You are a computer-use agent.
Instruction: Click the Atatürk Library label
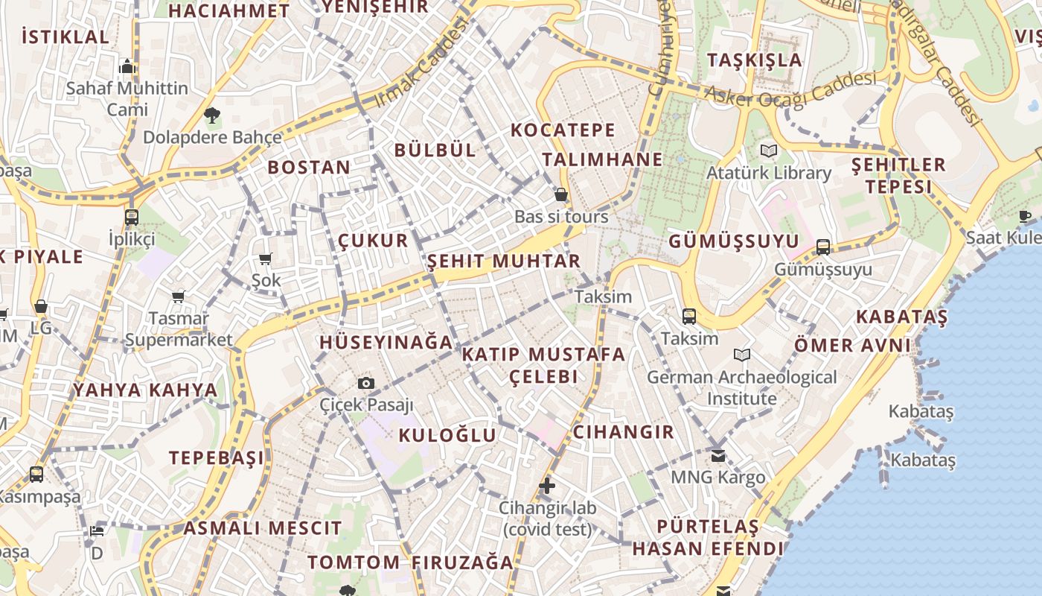pos(769,173)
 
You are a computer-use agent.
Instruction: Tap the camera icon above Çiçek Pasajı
pos(366,383)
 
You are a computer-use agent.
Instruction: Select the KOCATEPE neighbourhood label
pos(563,130)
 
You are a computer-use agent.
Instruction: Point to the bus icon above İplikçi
pos(132,218)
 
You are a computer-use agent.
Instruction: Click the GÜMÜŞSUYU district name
pos(734,241)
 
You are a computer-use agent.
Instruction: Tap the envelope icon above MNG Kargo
pos(718,455)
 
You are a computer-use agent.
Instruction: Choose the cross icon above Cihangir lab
pos(547,486)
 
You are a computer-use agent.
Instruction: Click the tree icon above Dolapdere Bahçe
pos(212,115)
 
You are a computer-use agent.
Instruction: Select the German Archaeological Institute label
pos(742,387)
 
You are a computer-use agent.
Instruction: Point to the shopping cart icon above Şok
pos(266,259)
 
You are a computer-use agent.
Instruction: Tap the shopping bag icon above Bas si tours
pos(561,195)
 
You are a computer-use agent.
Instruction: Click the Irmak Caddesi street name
pos(423,63)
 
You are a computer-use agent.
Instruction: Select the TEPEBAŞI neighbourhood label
pos(217,457)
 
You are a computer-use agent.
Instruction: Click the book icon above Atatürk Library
pos(769,151)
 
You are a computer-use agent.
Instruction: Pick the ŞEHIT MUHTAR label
pos(504,261)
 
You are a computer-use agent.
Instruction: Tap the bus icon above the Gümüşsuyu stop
pos(823,247)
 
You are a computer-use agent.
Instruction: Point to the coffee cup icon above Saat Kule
pos(1025,216)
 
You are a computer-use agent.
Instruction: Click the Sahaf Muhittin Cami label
pos(127,98)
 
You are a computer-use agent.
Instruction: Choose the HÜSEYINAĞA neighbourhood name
pos(386,343)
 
